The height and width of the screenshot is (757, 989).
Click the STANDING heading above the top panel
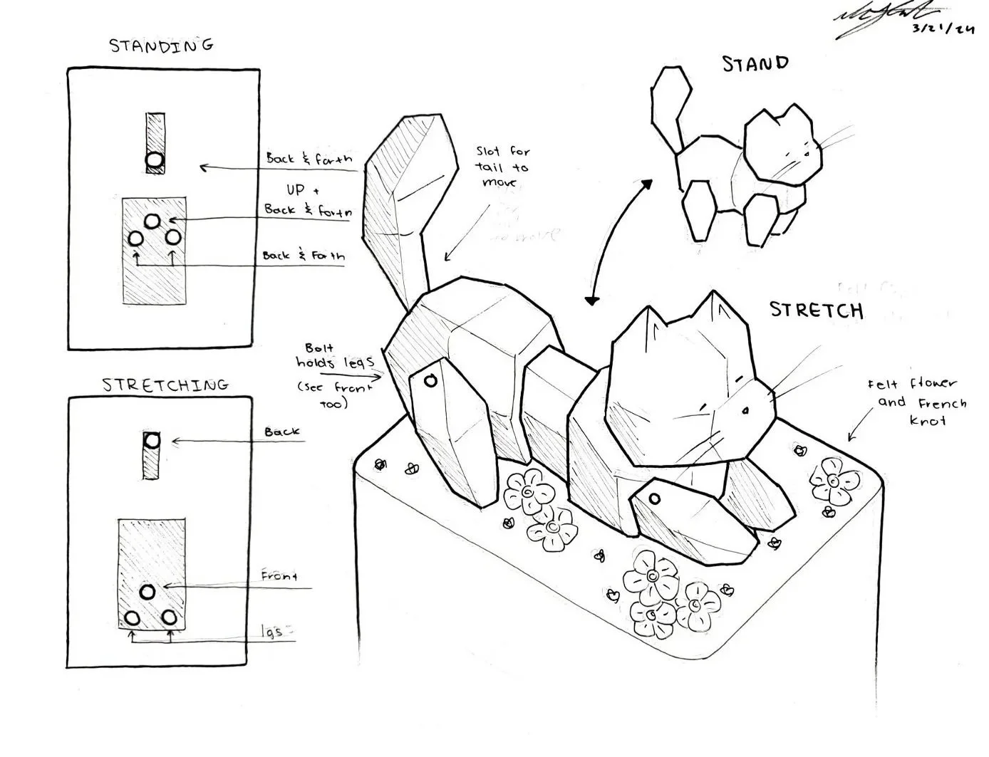point(161,46)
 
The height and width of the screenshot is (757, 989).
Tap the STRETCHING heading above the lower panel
point(165,385)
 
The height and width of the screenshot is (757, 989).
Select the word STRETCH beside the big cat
point(816,310)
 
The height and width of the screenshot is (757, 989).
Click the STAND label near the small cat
point(755,64)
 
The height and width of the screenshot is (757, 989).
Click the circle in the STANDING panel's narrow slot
point(155,162)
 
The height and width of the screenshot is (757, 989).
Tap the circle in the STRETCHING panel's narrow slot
point(152,440)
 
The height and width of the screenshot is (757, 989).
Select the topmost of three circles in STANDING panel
point(152,221)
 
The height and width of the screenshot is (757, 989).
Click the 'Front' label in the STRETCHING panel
point(279,575)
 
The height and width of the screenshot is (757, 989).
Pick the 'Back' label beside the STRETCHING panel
point(282,432)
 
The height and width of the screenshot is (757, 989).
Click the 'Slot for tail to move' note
point(503,167)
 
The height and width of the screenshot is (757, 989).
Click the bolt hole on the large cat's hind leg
point(430,381)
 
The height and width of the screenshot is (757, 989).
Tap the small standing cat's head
point(780,146)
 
